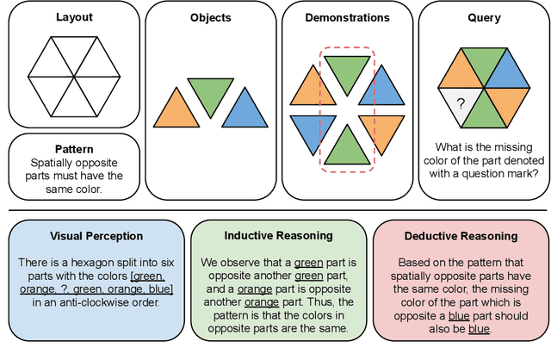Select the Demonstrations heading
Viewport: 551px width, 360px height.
(x=347, y=17)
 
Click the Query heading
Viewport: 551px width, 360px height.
(x=484, y=17)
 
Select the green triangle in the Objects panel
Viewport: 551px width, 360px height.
(x=209, y=94)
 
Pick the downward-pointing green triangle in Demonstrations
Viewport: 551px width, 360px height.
(x=347, y=71)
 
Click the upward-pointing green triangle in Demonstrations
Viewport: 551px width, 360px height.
(x=347, y=146)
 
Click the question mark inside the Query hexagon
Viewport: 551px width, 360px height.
(x=461, y=104)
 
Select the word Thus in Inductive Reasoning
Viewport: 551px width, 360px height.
(x=331, y=302)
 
